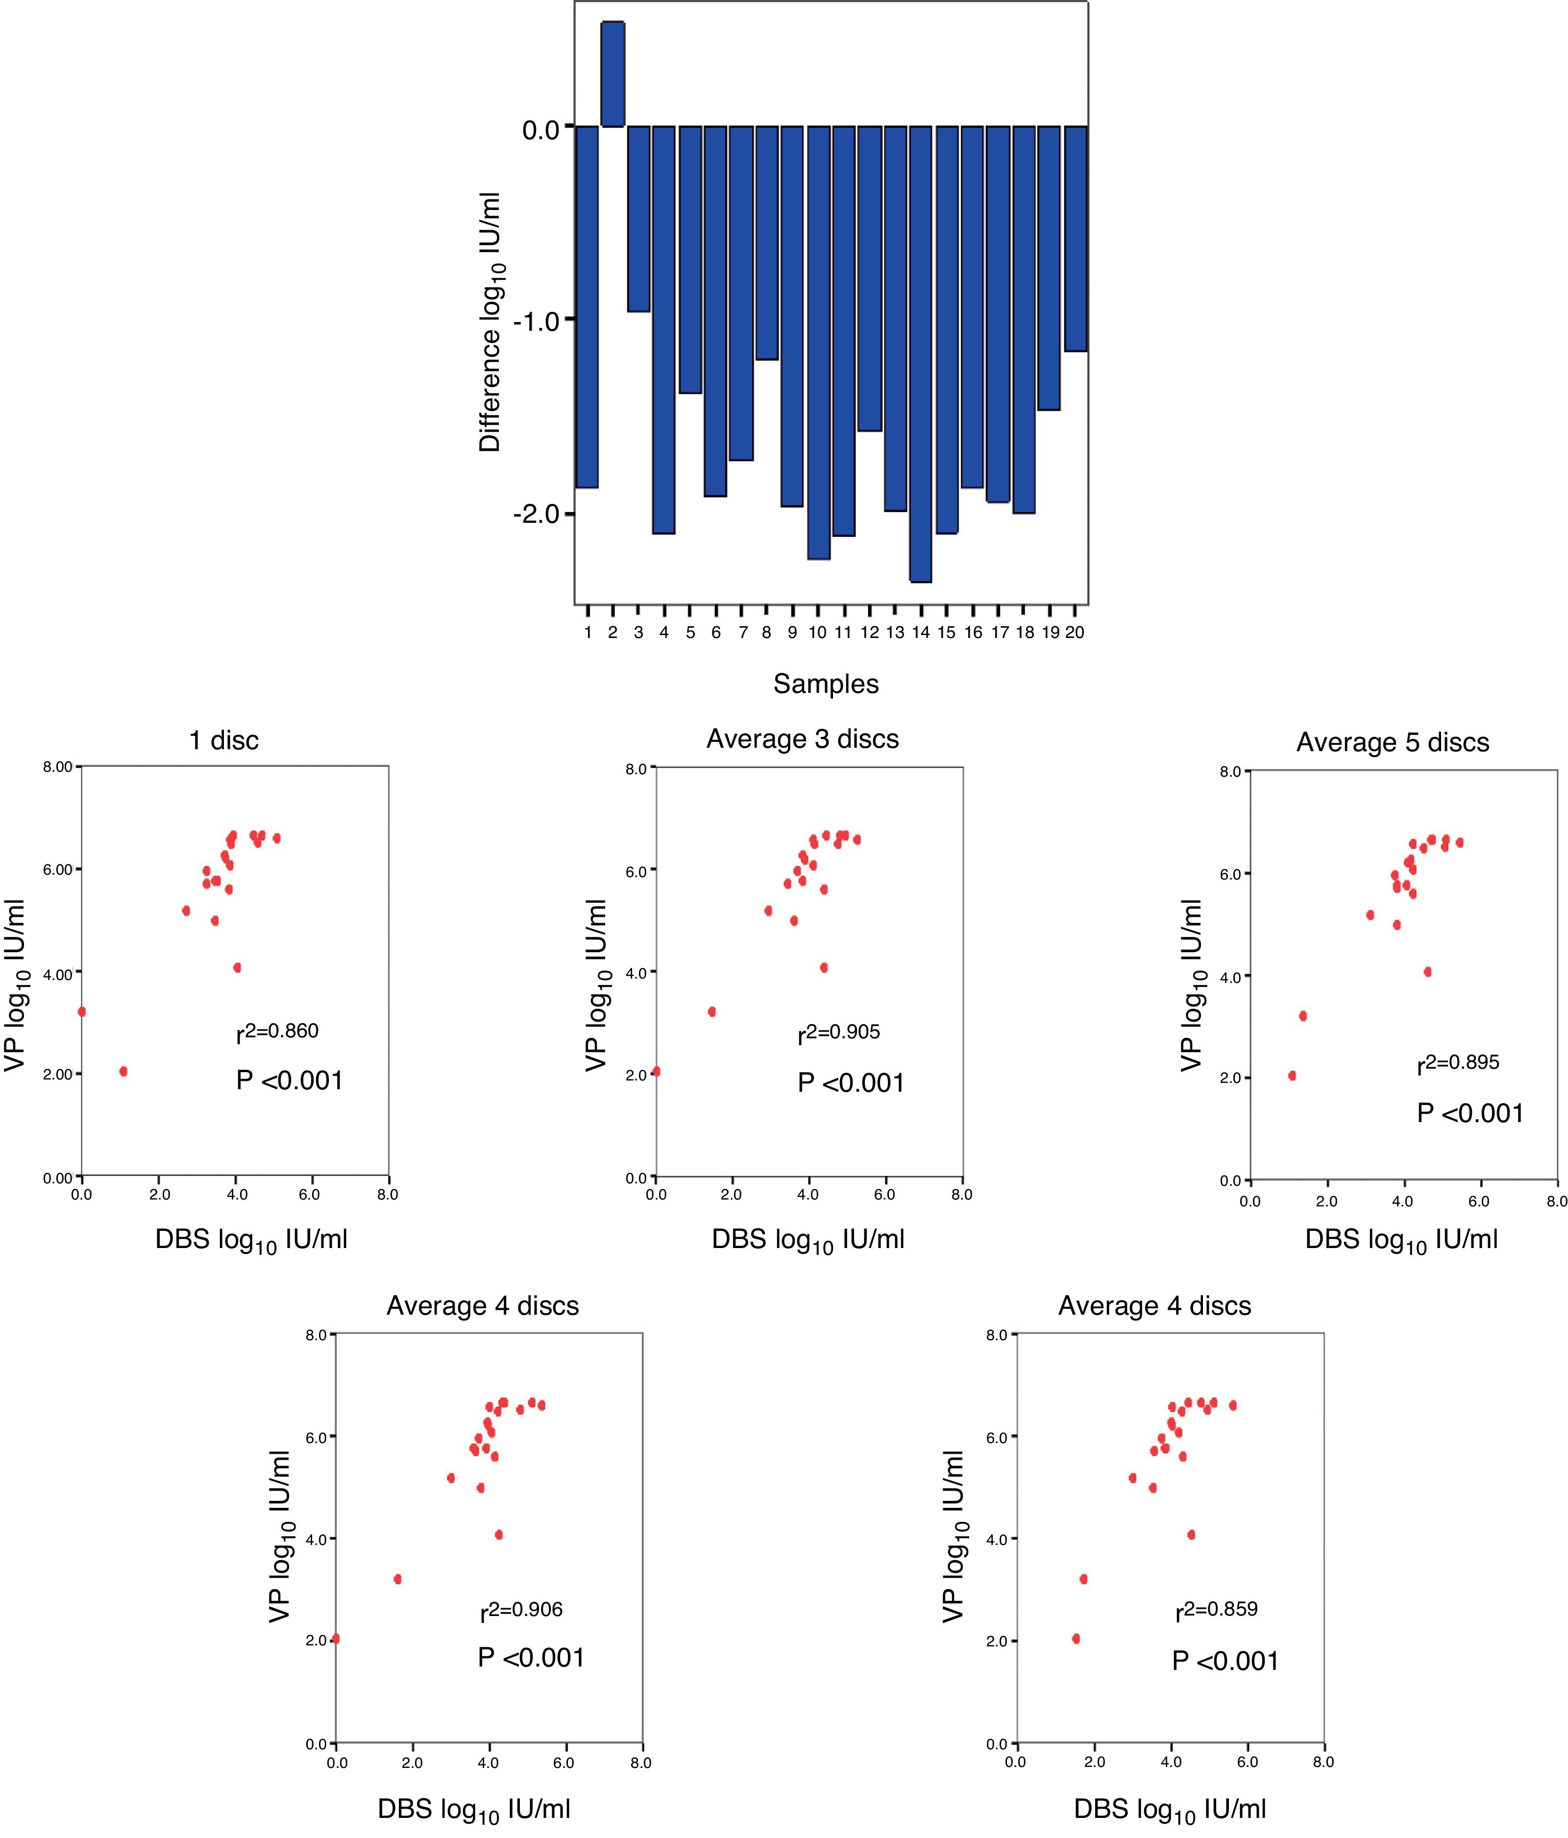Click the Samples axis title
[826, 684]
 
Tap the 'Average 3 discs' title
[803, 739]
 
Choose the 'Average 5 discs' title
[1393, 742]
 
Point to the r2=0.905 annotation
[839, 1032]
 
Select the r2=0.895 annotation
[1458, 1063]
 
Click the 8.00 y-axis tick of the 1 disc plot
[58, 766]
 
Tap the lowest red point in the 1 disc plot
[123, 1072]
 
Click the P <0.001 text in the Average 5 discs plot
[1470, 1113]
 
